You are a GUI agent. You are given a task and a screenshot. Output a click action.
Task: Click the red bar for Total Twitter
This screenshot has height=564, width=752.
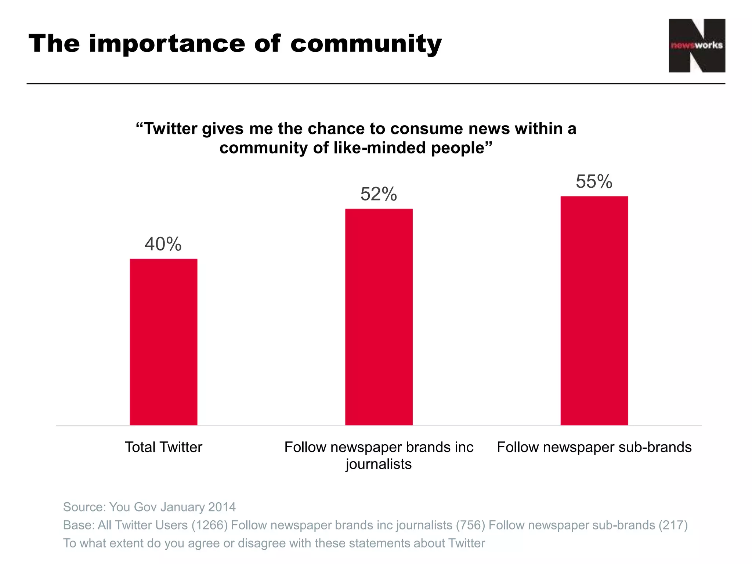[x=163, y=341]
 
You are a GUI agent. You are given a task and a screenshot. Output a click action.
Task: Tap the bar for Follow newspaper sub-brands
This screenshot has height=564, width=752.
[x=594, y=310]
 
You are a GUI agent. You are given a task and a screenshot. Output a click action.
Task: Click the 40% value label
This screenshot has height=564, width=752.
[x=163, y=244]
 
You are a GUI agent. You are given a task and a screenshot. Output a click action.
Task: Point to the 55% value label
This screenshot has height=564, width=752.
[x=594, y=181]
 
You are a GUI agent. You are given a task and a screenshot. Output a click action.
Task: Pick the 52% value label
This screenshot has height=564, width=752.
[x=379, y=194]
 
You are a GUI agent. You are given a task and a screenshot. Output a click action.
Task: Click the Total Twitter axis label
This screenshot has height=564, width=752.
[x=163, y=447]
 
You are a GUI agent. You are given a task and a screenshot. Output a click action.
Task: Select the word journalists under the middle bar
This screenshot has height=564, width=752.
[x=379, y=464]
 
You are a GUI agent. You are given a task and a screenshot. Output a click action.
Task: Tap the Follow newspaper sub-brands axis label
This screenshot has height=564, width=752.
[x=594, y=447]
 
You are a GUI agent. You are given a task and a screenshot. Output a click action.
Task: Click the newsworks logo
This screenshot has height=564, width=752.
[x=697, y=46]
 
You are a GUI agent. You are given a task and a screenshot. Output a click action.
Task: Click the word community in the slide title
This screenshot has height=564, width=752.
[x=366, y=44]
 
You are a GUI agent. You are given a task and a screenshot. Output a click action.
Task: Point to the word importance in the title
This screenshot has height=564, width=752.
[x=167, y=44]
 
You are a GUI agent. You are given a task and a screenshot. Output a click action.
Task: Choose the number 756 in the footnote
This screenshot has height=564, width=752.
[x=470, y=525]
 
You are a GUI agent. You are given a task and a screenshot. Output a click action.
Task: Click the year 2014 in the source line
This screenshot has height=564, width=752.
[x=222, y=507]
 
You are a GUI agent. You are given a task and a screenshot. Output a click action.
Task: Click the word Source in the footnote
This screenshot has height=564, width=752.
[x=84, y=507]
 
